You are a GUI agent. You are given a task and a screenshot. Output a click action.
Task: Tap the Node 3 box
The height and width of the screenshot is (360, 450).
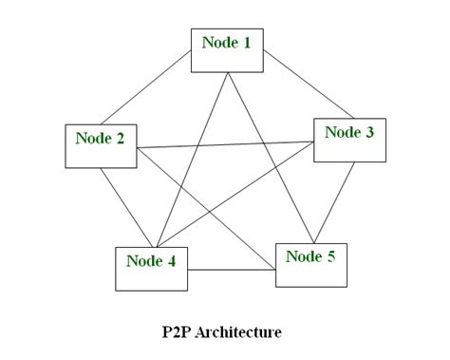click(x=349, y=139)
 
